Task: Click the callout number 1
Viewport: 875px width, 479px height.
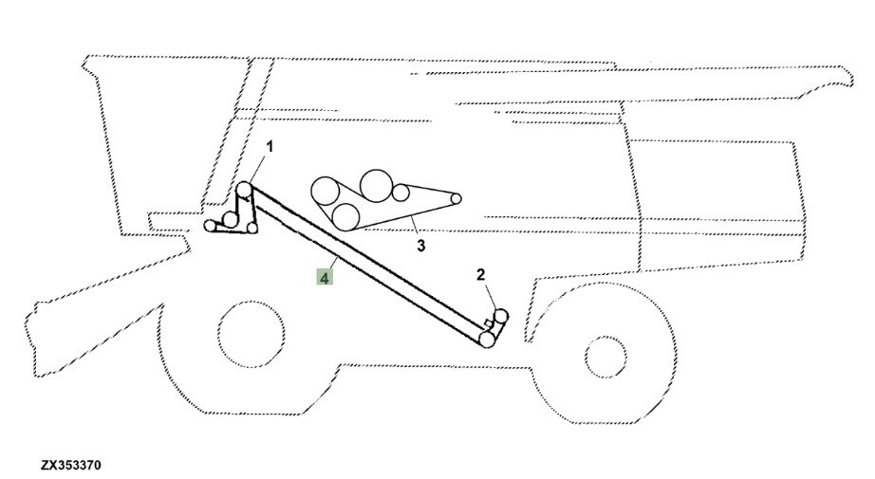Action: point(270,147)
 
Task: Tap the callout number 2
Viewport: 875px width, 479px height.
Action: point(480,274)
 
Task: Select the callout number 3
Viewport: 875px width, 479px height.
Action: point(421,245)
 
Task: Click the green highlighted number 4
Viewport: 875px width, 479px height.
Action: point(325,277)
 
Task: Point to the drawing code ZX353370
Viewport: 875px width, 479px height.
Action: point(71,465)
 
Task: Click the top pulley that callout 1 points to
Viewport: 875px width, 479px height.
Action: point(244,190)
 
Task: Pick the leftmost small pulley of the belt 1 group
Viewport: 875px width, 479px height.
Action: point(210,226)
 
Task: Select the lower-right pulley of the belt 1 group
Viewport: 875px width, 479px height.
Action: point(252,228)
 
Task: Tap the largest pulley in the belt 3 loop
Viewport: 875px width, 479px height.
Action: point(376,186)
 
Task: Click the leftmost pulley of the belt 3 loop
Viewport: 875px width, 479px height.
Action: point(325,192)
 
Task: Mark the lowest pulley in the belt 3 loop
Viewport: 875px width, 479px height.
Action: point(345,217)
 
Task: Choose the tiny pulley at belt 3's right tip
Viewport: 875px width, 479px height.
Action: point(456,198)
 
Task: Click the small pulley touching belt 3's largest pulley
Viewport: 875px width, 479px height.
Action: point(400,193)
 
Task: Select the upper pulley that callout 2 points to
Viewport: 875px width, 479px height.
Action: point(500,316)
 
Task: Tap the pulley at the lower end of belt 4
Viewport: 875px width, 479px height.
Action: point(487,339)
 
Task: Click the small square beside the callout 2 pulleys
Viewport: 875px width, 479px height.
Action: point(489,323)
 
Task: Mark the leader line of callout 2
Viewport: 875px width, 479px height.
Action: point(491,297)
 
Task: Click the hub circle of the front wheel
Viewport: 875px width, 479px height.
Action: point(251,334)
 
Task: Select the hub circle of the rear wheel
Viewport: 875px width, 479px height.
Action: point(605,357)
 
